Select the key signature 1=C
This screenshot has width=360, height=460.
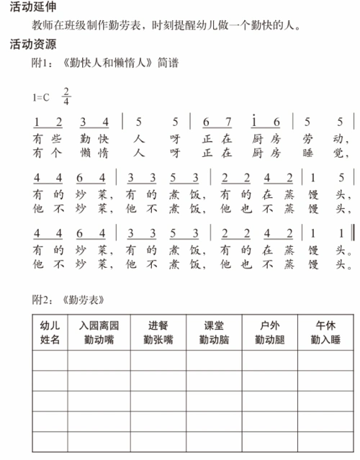click(x=40, y=96)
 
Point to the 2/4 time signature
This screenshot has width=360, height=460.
click(x=67, y=96)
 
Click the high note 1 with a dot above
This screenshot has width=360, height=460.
click(x=255, y=119)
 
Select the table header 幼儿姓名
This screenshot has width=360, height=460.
click(x=50, y=331)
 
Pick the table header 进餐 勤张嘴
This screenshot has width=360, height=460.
click(x=158, y=331)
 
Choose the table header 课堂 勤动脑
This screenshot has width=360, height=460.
click(x=214, y=331)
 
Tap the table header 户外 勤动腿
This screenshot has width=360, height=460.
click(x=269, y=331)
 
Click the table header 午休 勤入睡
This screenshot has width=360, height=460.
click(x=325, y=331)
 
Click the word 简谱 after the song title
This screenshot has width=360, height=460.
click(x=166, y=63)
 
